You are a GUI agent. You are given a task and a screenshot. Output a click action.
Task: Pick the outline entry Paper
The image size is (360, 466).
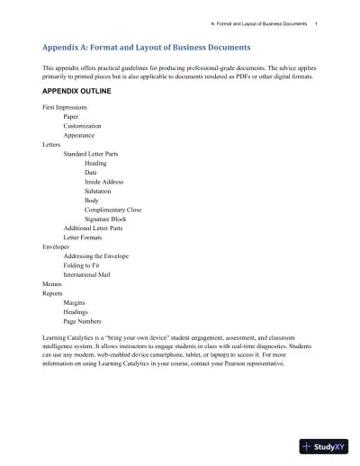pos(71,116)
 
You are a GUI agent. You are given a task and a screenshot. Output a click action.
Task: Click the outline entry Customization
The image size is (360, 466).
pos(83,126)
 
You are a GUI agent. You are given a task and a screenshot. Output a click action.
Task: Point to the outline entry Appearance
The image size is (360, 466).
pos(80,135)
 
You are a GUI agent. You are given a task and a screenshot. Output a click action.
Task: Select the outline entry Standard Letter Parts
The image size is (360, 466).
pos(94,154)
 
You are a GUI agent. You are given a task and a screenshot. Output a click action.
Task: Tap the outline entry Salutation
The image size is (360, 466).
pos(99,192)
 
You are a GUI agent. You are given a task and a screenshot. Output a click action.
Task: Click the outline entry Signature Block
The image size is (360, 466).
pos(105,219)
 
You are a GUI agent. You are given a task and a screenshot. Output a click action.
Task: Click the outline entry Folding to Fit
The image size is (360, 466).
pos(82,265)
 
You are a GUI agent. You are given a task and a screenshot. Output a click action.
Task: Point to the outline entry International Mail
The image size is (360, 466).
pos(90,274)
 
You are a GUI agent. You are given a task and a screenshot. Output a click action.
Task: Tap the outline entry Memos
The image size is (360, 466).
pos(52,284)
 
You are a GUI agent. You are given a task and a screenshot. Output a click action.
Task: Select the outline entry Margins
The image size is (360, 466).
pos(75,303)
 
